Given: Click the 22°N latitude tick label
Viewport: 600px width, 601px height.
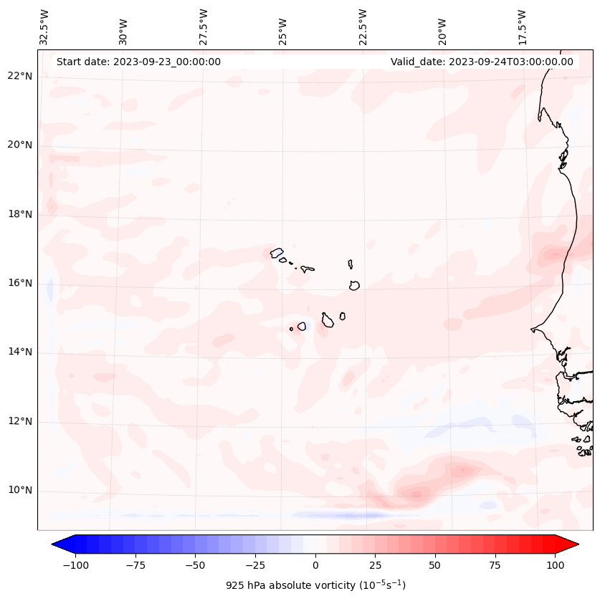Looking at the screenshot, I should tap(20, 77).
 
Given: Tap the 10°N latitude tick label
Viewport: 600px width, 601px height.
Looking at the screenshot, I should tap(20, 491).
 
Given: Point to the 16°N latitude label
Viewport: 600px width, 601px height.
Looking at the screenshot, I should tap(20, 283).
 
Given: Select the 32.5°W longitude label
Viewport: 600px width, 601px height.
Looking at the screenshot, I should tap(44, 27).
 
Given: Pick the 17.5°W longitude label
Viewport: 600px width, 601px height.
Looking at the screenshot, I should tap(522, 27).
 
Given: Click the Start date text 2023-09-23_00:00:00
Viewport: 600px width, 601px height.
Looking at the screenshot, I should tap(138, 62).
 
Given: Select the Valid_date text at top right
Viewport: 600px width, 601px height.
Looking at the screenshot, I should tap(482, 62).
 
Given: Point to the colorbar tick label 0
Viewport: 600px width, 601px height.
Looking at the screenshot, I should tap(315, 565).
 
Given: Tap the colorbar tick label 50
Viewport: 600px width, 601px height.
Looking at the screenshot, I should tap(435, 565).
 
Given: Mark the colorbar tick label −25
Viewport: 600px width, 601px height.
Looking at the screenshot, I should tap(254, 565).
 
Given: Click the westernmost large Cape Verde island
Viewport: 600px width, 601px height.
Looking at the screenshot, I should tap(277, 253).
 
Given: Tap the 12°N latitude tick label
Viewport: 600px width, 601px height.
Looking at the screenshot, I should tap(20, 421).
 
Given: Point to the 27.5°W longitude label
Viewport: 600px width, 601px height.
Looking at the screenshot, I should tap(204, 27).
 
